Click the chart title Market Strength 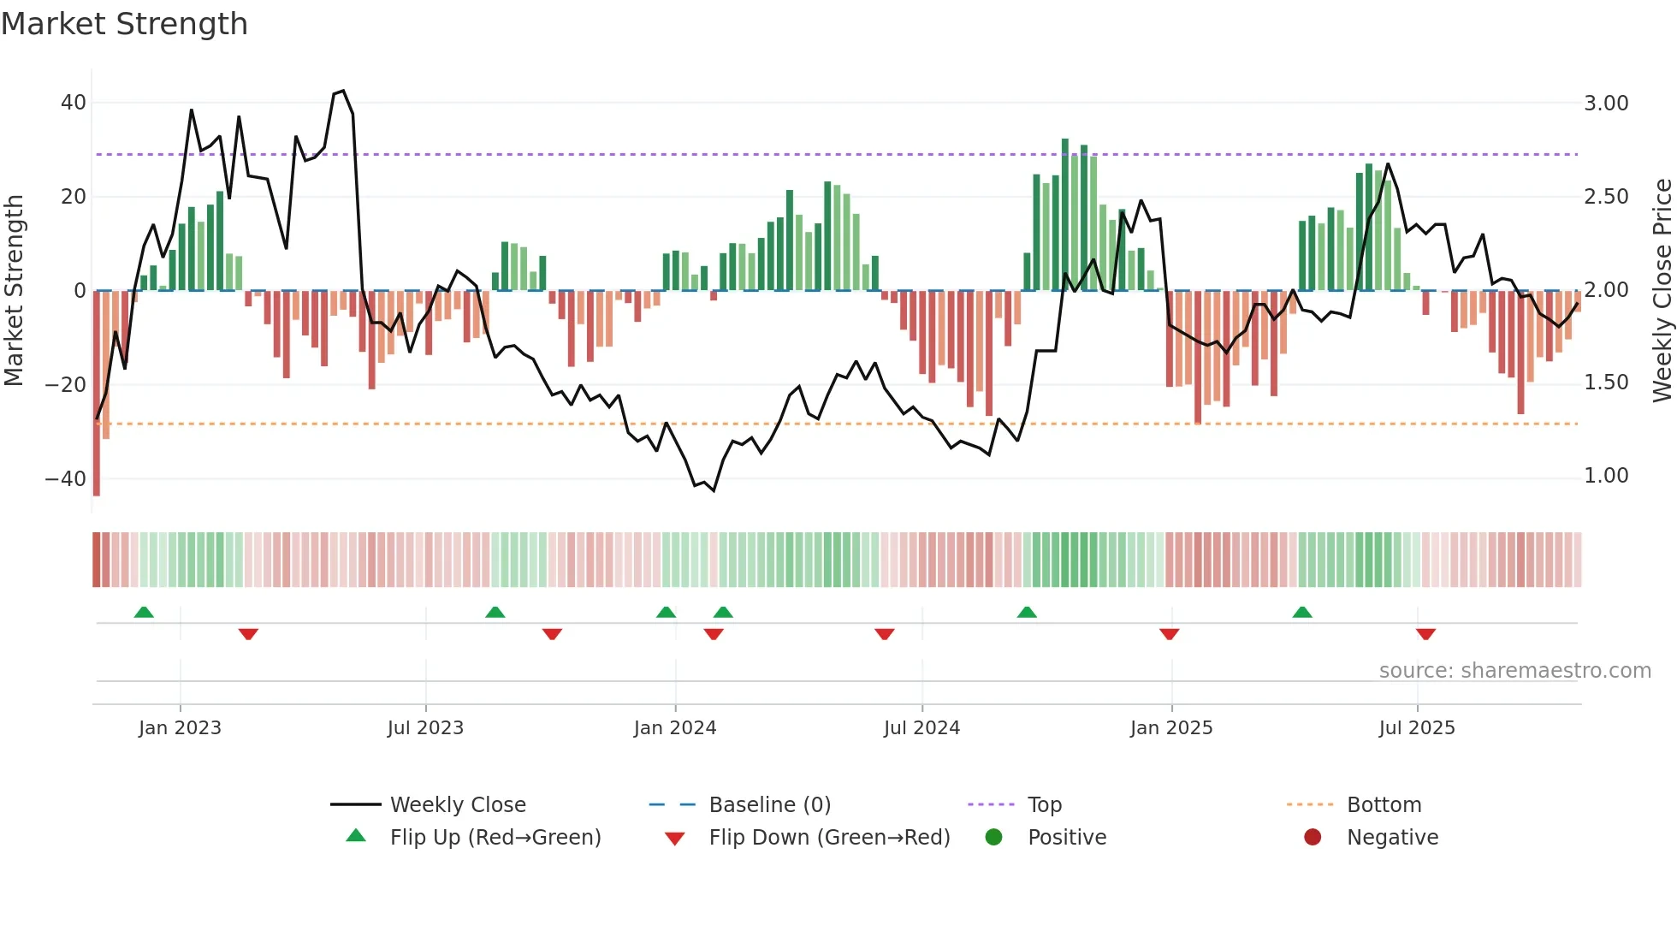pos(124,24)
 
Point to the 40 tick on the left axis pos(74,103)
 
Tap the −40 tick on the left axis pos(66,478)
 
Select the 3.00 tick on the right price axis pos(1606,104)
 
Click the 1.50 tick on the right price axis pos(1606,383)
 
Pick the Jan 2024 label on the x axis pos(675,728)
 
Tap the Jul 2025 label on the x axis pos(1417,728)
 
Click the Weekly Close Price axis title pos(1662,290)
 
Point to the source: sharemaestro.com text pos(1514,671)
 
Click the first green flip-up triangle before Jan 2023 pos(144,613)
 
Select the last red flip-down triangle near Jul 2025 pos(1425,634)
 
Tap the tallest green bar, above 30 pos(1065,214)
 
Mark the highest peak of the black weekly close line pos(343,91)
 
